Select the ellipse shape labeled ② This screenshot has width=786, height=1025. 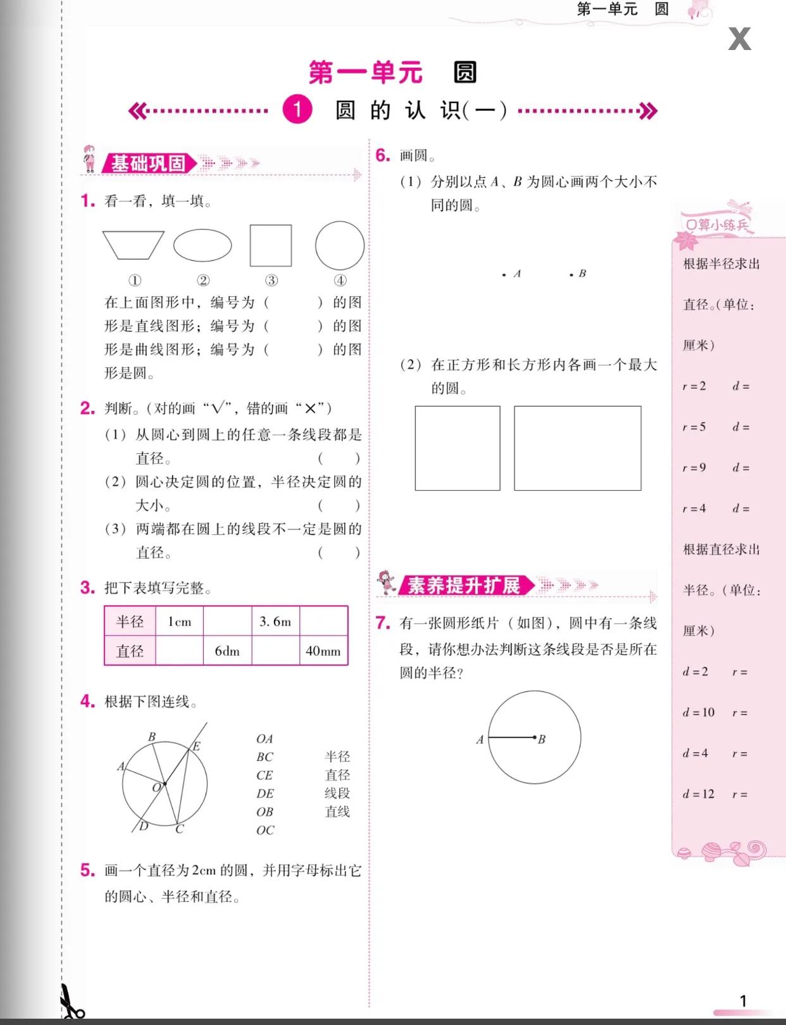click(x=203, y=246)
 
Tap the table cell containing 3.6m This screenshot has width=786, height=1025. click(x=275, y=622)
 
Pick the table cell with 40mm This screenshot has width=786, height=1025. click(x=323, y=651)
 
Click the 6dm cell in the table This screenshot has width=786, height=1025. click(x=227, y=651)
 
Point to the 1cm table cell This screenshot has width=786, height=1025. click(x=179, y=622)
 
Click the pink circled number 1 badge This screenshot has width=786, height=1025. click(x=297, y=110)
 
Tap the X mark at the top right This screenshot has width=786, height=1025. click(x=739, y=39)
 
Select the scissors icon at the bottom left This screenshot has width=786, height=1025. click(x=71, y=1003)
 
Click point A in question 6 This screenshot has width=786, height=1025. click(x=504, y=275)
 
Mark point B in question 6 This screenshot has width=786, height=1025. click(x=571, y=275)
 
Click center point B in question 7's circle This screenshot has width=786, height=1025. click(x=535, y=737)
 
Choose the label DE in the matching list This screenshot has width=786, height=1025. click(x=265, y=793)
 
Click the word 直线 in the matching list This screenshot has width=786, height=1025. click(x=337, y=812)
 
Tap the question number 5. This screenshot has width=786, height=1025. click(x=87, y=871)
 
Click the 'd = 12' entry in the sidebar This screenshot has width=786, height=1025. click(x=699, y=794)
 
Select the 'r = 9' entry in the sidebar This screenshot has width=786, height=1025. click(x=694, y=468)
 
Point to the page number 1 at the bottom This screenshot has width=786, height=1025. click(x=744, y=1001)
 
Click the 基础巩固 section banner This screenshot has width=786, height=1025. click(x=148, y=163)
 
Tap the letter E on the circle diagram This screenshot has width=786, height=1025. click(x=196, y=746)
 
